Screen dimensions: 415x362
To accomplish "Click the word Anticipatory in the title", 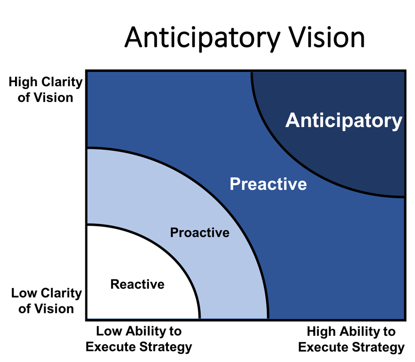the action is click(x=202, y=39).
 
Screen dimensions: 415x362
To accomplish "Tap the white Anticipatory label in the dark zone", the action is click(x=344, y=121).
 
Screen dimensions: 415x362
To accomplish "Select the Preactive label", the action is click(x=268, y=184).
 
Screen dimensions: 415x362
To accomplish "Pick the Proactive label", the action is click(x=200, y=233).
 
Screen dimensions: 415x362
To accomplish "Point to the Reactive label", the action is click(x=137, y=285).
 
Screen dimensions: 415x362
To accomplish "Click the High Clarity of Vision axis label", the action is click(x=46, y=90).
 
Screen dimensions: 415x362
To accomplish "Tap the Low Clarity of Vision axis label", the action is click(x=46, y=301).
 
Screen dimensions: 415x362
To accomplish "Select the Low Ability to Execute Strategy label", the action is click(x=139, y=339).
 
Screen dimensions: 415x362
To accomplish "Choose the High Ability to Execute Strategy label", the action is click(x=351, y=340).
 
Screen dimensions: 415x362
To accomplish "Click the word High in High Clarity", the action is click(x=23, y=82).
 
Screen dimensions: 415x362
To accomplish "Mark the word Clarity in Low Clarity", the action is click(x=62, y=294).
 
